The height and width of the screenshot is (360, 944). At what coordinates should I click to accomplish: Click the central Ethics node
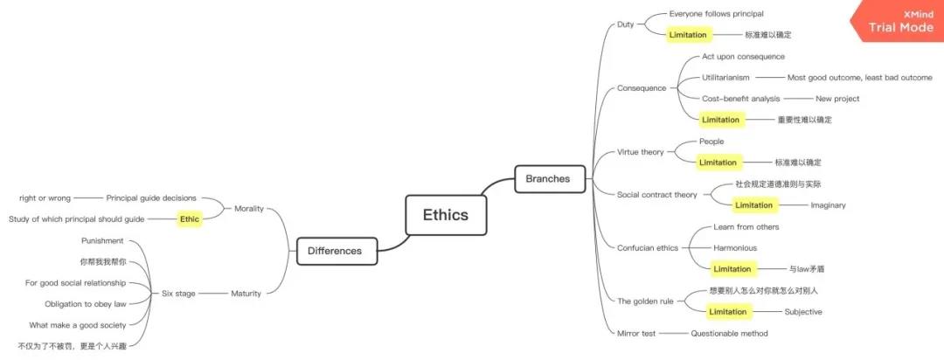click(x=445, y=215)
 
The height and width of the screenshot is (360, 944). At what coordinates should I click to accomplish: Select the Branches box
click(x=547, y=179)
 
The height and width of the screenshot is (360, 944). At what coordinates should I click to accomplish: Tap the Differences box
click(x=334, y=251)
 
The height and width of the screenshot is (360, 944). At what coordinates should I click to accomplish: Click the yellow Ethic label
click(x=190, y=219)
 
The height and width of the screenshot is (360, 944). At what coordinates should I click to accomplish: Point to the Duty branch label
click(x=625, y=24)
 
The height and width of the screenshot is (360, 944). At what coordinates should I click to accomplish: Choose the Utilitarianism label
click(x=725, y=78)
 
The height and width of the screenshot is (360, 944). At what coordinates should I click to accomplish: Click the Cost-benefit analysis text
click(x=740, y=99)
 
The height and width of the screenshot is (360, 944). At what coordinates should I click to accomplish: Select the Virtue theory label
click(x=640, y=152)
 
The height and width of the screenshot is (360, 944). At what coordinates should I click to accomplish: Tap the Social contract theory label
click(x=656, y=195)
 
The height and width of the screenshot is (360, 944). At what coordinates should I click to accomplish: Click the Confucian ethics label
click(x=647, y=248)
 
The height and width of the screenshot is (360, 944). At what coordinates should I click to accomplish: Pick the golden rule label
click(x=645, y=301)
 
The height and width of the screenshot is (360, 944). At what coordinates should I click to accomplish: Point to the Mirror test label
click(x=635, y=333)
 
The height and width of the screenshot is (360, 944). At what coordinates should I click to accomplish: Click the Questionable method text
click(x=729, y=333)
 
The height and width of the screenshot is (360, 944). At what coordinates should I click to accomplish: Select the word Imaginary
click(x=828, y=205)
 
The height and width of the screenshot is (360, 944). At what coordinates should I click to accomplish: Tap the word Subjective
click(x=803, y=312)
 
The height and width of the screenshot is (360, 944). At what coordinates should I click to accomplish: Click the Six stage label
click(x=178, y=294)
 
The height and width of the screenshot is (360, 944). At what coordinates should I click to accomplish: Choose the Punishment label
click(x=102, y=240)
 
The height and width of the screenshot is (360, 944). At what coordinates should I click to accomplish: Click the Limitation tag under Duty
click(x=689, y=35)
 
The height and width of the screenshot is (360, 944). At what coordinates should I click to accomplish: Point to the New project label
click(x=837, y=99)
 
